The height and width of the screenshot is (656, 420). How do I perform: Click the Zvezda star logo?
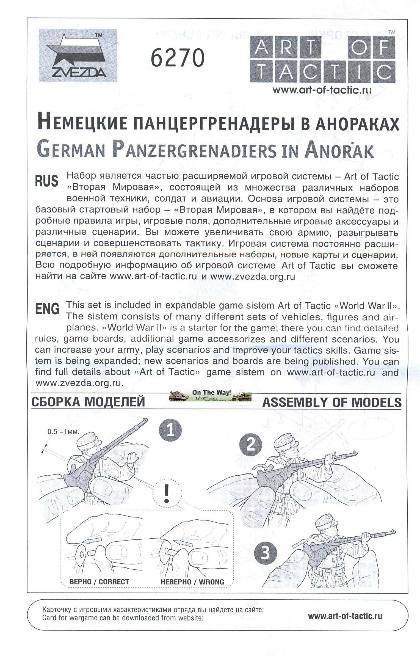click(x=78, y=55)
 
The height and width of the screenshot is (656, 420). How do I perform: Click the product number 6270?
click(x=178, y=58)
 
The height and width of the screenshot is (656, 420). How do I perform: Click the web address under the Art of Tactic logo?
click(x=322, y=90)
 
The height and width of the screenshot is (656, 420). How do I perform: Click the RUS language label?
click(x=47, y=181)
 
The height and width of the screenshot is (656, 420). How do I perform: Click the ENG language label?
click(x=47, y=309)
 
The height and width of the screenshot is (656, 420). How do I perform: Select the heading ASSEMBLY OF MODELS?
click(x=332, y=403)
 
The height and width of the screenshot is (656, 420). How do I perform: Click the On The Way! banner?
click(x=210, y=395)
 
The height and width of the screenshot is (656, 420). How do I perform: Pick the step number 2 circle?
click(x=250, y=445)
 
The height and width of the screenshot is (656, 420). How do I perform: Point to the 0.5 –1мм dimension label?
click(x=63, y=432)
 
